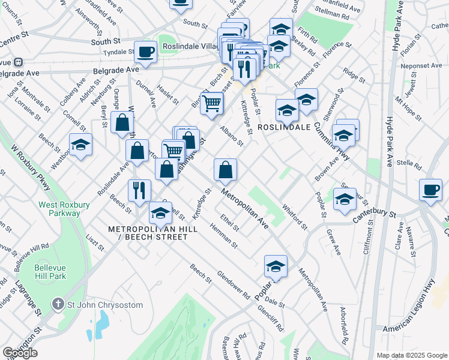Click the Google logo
tap(20, 353)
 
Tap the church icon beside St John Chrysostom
tap(58, 304)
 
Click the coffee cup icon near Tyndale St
tap(145, 52)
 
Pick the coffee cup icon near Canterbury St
tap(430, 190)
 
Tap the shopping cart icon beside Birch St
tap(211, 103)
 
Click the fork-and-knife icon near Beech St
tap(139, 191)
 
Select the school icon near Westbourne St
tap(80, 145)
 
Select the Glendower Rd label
tap(233, 287)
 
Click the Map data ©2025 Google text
tap(412, 355)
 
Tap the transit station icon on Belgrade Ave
tap(19, 61)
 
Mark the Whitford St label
tap(295, 217)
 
